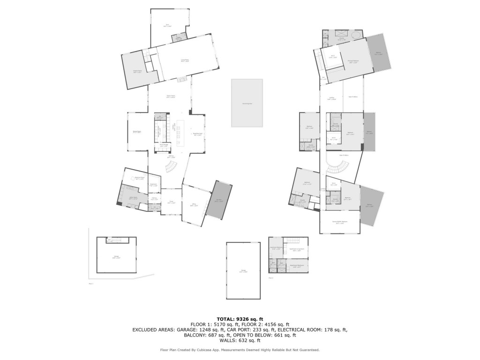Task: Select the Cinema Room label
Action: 137,72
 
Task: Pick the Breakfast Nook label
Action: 198,134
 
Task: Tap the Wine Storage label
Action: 164,146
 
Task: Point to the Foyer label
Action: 171,202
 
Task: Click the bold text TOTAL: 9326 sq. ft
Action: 240,318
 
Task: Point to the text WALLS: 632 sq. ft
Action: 240,341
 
